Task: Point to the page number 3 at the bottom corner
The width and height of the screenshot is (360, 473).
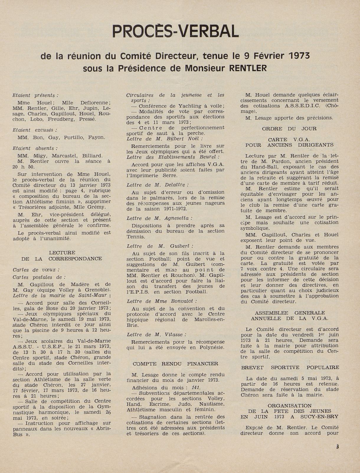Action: [x=337, y=446]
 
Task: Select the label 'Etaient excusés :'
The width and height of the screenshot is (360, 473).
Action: [x=35, y=130]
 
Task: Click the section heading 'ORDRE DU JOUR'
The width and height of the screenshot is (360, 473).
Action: [x=289, y=129]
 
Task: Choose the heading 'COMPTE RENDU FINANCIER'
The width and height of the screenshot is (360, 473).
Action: [x=176, y=364]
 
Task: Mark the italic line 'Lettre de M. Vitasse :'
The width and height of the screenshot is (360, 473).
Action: [x=156, y=335]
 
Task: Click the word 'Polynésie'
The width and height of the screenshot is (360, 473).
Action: [x=211, y=347]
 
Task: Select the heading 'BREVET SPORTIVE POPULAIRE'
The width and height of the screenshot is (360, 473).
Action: [x=290, y=367]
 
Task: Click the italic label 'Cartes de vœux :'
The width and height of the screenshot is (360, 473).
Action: [x=36, y=270]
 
